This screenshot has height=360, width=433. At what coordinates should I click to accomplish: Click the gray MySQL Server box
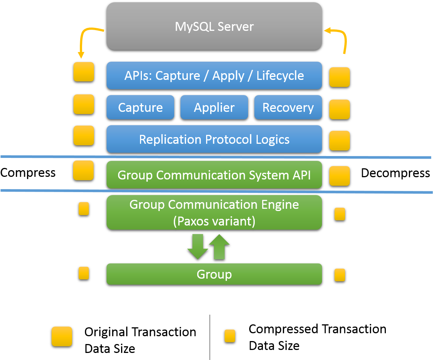tap(214, 26)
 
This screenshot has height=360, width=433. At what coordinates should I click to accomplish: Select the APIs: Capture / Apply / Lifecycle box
tap(214, 75)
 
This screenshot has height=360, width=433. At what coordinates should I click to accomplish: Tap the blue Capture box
tap(140, 107)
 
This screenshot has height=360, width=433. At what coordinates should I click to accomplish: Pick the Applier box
tap(214, 107)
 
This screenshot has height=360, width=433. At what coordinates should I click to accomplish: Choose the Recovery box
tap(288, 107)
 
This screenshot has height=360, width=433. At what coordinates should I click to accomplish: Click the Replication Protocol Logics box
tap(214, 139)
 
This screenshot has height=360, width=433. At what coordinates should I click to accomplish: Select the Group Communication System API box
tap(214, 175)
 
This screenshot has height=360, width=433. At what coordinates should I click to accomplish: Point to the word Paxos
tap(193, 221)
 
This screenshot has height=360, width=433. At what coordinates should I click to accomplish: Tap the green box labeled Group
tap(214, 274)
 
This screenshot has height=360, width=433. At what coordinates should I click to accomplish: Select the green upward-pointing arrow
tap(219, 246)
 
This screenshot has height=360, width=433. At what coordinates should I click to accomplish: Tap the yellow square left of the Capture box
tap(84, 104)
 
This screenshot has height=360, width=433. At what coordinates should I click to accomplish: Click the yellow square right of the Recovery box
tap(339, 109)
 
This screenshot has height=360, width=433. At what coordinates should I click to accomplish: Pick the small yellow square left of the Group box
tap(84, 273)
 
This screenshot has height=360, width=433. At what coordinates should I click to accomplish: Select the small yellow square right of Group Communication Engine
tap(339, 214)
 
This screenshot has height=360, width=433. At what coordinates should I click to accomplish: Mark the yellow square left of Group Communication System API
tap(84, 171)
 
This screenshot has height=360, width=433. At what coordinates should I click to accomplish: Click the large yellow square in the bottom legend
tap(62, 336)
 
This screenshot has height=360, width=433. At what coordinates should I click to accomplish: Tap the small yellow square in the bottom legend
tap(229, 336)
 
